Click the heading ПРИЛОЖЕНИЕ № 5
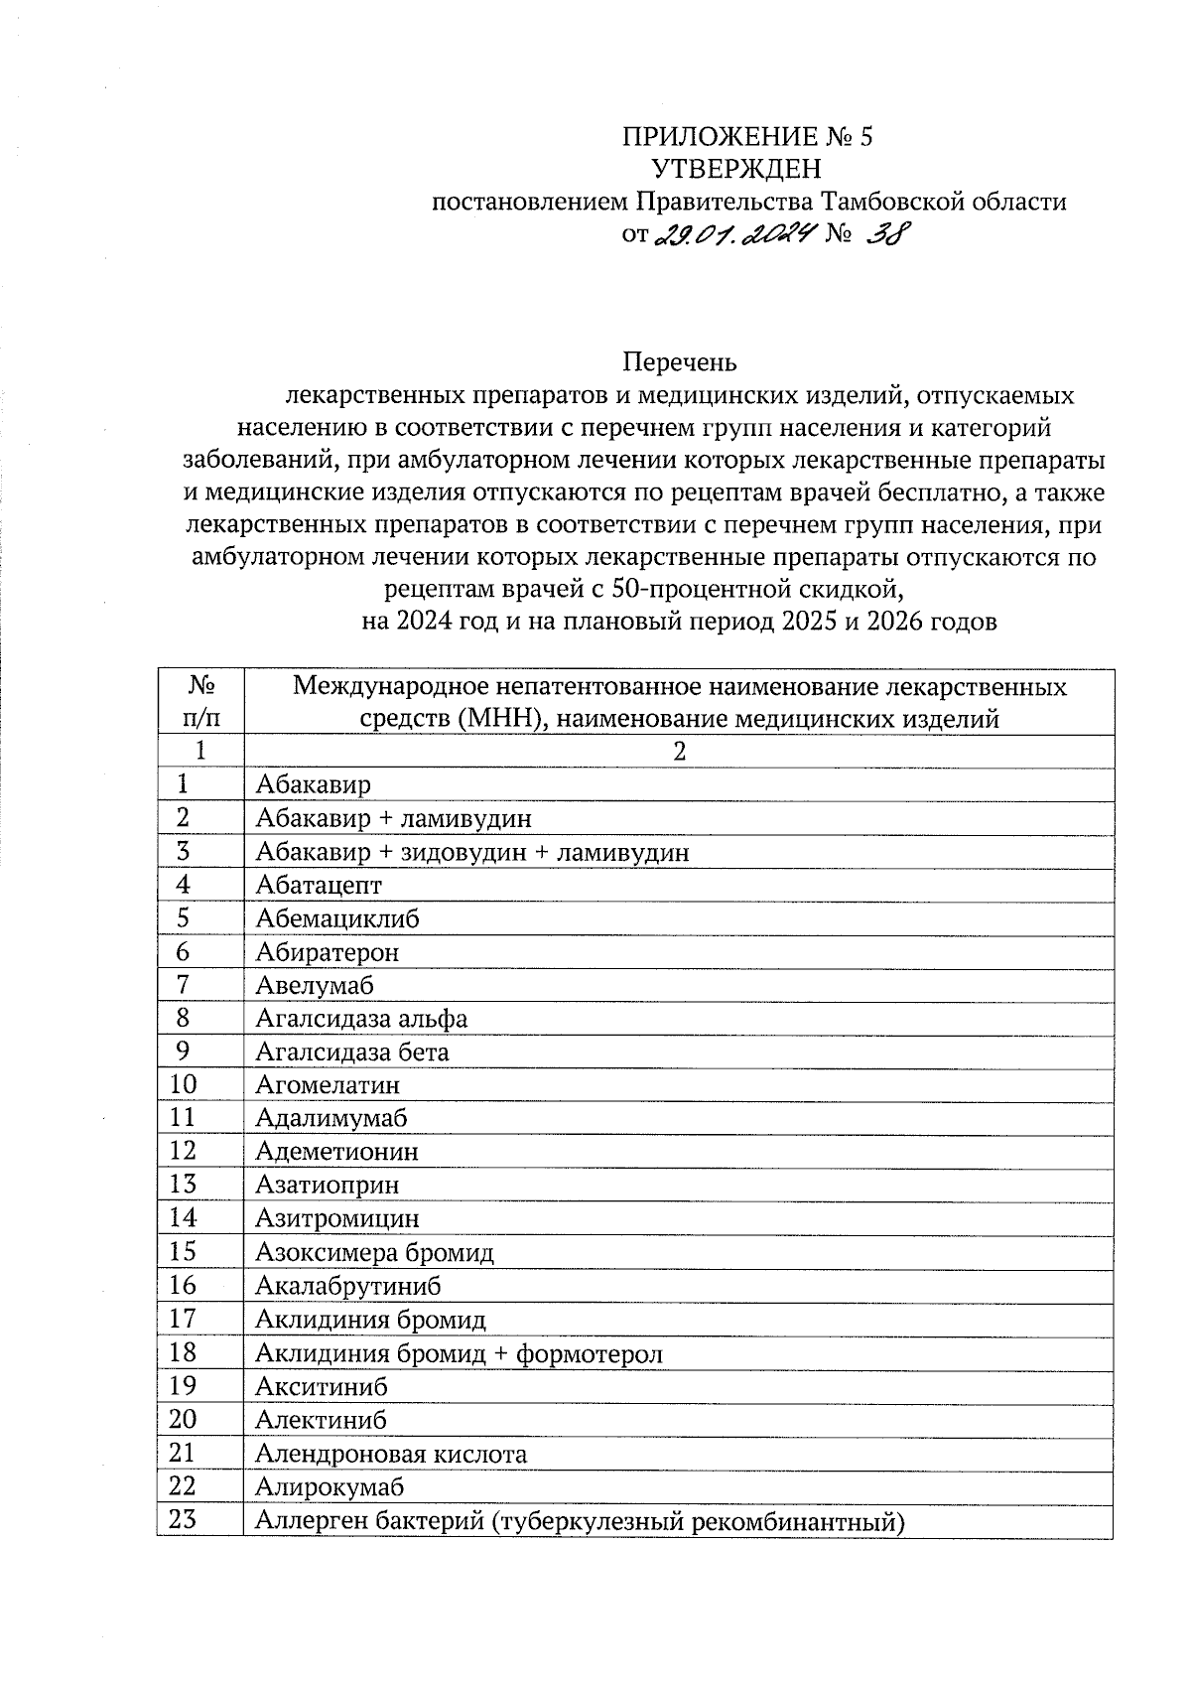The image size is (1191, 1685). [x=747, y=137]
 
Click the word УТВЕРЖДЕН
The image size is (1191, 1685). [x=734, y=169]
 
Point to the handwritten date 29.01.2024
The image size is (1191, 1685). [x=734, y=235]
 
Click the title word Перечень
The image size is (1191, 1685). [x=680, y=362]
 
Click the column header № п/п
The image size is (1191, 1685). [x=199, y=702]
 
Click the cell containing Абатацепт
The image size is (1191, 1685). [x=319, y=885]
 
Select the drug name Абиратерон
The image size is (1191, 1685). [x=328, y=952]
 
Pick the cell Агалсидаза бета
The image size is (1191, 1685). [x=352, y=1053]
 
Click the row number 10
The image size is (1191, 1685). [x=184, y=1085]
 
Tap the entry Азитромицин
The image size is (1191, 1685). [x=337, y=1218]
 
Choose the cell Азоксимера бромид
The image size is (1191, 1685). [x=374, y=1253]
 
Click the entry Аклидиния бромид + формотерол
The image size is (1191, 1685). [x=459, y=1353]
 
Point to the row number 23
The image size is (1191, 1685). [x=184, y=1520]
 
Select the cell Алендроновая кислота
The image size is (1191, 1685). [x=391, y=1454]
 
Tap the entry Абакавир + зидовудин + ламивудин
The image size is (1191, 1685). [x=471, y=852]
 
